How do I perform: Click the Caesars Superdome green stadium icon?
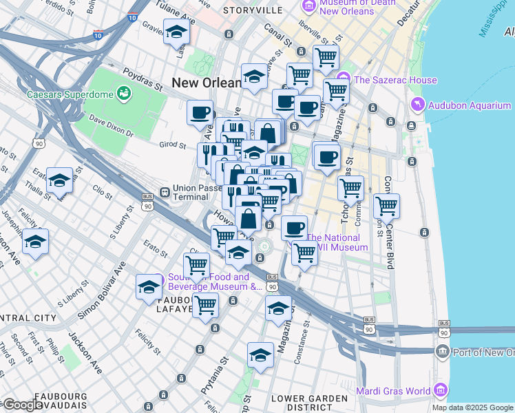tap(125, 92)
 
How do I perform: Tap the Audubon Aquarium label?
tap(470, 105)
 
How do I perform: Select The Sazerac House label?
tap(396, 80)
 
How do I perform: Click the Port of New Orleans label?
tap(483, 352)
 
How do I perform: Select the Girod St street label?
tap(173, 145)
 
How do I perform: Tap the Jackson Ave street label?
tap(85, 352)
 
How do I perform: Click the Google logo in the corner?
tap(22, 405)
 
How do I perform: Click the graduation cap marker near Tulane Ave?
tap(177, 32)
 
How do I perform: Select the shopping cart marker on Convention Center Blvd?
tap(386, 205)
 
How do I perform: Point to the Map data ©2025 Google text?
tap(472, 407)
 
